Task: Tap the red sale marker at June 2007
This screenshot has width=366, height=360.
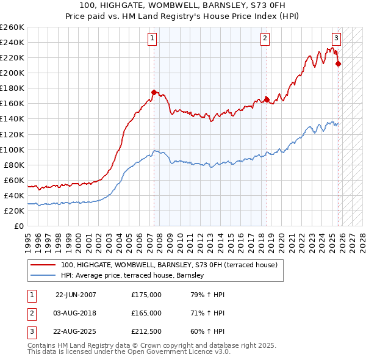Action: pos(154,92)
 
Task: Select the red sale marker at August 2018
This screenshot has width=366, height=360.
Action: pos(267,99)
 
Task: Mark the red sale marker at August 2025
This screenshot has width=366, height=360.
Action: pos(339,63)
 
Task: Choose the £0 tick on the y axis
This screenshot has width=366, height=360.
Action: pos(18,226)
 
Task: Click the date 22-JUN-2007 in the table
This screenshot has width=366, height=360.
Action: pos(76,295)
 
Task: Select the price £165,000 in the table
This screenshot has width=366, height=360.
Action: pos(146,313)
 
